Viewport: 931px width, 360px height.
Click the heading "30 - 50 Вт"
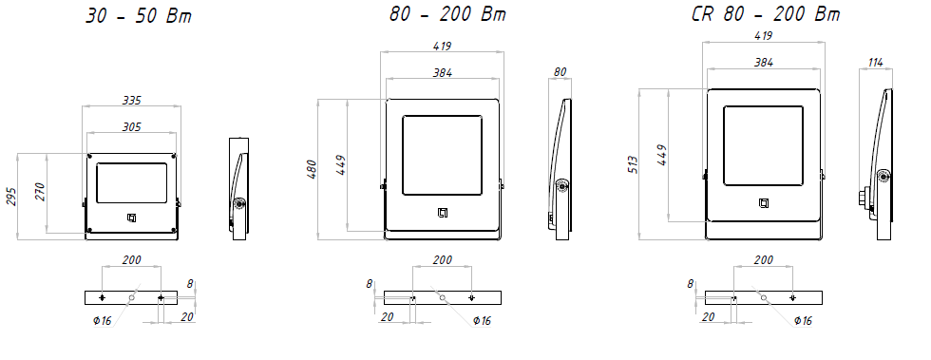(x=139, y=16)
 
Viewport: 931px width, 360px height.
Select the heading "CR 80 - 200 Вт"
(x=766, y=13)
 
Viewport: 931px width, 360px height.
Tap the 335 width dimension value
(x=132, y=101)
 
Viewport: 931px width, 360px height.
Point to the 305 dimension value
(x=132, y=126)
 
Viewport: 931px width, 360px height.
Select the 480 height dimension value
(x=312, y=170)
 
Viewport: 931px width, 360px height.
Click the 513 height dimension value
(x=633, y=164)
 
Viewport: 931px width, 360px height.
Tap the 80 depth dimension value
(x=560, y=72)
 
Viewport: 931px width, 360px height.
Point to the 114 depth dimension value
(x=875, y=62)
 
